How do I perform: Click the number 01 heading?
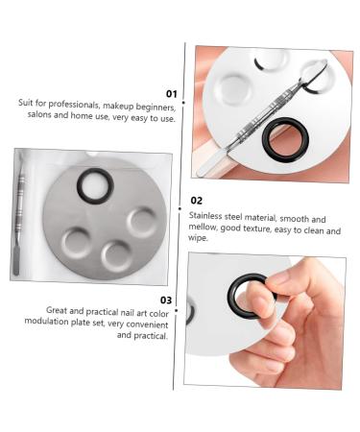pos(171,93)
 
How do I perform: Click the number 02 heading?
pos(196,201)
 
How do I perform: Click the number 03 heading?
pos(165,300)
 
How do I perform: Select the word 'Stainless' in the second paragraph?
pos(207,219)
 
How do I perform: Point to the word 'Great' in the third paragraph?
pos(59,311)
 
